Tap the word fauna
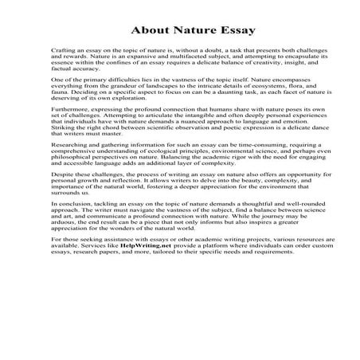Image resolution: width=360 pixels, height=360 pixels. click(x=58, y=99)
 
